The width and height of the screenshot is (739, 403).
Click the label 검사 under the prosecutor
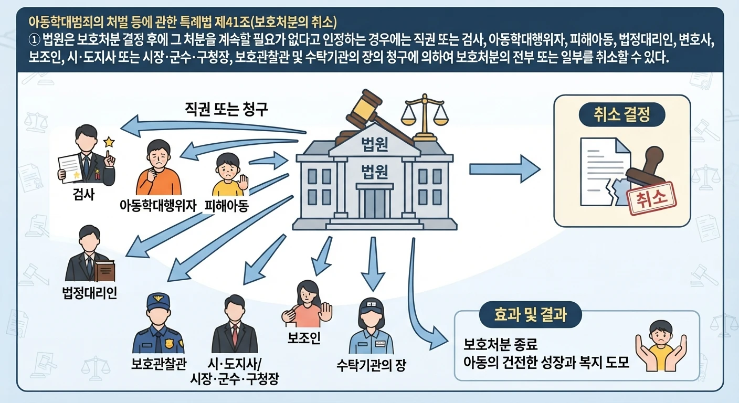[x=83, y=194]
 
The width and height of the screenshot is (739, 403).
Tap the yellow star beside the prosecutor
[x=109, y=142]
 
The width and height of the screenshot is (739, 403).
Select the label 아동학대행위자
[x=158, y=206]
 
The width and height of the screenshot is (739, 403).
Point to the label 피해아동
[x=226, y=206]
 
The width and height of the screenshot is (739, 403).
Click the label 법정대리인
[x=90, y=293]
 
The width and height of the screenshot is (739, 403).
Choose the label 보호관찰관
[x=159, y=364]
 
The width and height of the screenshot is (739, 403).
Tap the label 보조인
[x=304, y=338]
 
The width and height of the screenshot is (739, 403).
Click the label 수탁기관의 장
[x=371, y=365]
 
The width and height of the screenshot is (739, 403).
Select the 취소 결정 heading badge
[x=622, y=114]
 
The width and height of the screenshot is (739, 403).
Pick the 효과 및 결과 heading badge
[x=531, y=314]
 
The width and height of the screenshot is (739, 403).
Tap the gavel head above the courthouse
[x=362, y=105]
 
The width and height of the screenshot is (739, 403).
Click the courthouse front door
[x=375, y=203]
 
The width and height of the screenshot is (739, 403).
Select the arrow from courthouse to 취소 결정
[x=505, y=169]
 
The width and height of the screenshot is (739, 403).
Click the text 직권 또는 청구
[x=226, y=109]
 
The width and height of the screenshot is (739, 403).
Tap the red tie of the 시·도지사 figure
[x=235, y=334]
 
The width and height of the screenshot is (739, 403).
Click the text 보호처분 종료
[x=501, y=344]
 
